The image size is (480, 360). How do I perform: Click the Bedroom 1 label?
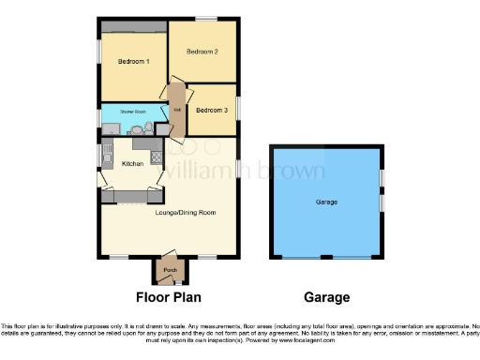click(x=133, y=62)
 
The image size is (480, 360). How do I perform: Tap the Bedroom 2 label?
click(x=202, y=52)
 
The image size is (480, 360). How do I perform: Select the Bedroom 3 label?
click(x=212, y=111)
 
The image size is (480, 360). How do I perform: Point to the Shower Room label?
click(x=132, y=112)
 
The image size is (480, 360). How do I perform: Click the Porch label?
click(x=170, y=271)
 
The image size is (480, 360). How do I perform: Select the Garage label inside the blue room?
click(x=326, y=202)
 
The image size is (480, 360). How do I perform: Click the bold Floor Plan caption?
click(x=170, y=298)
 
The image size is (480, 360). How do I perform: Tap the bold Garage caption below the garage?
click(x=326, y=298)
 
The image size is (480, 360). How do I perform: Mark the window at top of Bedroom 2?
click(x=205, y=19)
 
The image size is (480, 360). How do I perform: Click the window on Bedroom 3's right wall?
click(x=236, y=108)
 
